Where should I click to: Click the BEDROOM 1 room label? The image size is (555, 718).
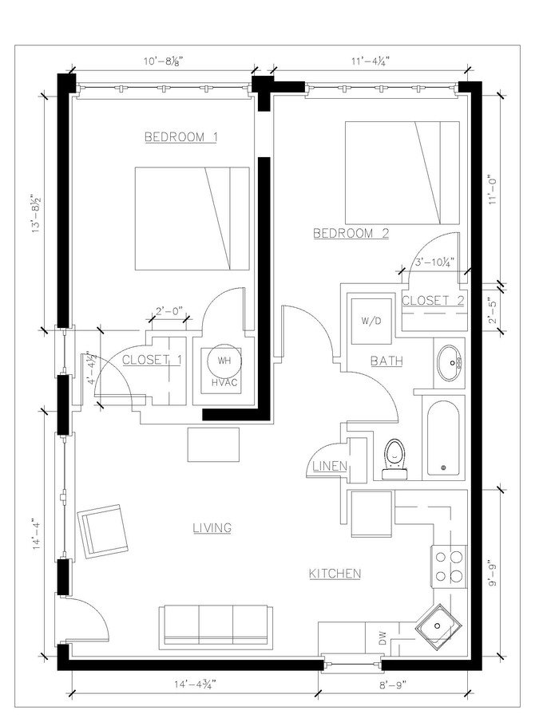point(181,137)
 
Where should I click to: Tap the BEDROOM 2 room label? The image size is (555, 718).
point(351,234)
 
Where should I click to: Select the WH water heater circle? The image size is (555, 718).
point(223,361)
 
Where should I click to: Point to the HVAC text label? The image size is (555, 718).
point(223,382)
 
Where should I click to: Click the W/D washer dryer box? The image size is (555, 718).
point(370,322)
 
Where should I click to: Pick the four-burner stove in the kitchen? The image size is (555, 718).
point(448,566)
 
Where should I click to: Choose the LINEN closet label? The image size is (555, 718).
point(327,465)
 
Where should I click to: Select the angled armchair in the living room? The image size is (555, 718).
point(101,529)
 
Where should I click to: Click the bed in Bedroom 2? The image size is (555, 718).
point(402,172)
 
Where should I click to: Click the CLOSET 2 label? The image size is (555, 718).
point(433,301)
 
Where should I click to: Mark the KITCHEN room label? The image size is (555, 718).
point(335,574)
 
